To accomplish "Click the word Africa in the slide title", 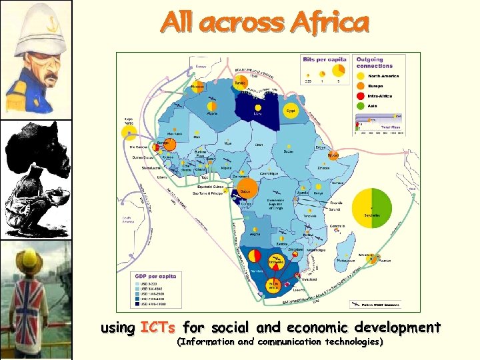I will click(x=329, y=23).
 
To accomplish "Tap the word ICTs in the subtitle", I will click(x=157, y=327).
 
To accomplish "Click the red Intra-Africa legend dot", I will click(x=361, y=95).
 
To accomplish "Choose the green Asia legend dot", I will click(x=361, y=105).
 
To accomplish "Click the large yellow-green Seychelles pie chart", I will click(x=373, y=207).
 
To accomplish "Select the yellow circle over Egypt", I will click(x=291, y=110).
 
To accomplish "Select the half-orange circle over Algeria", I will click(x=212, y=106).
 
